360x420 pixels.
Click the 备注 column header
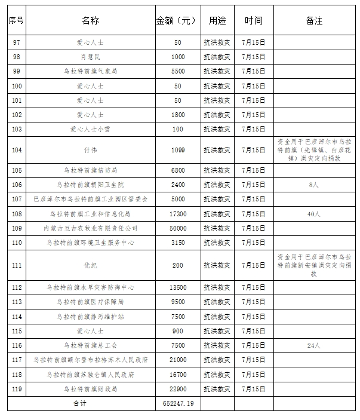coord(314,21)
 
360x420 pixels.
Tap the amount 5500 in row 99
coord(177,71)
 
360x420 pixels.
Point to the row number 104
coord(17,151)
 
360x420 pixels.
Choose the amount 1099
coord(177,151)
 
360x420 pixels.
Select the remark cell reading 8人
coord(314,185)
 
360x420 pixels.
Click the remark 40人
coord(314,213)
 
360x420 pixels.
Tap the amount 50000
coord(177,228)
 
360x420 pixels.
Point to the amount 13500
coord(177,288)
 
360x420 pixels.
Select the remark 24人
coord(314,345)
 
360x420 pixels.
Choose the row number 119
coord(17,389)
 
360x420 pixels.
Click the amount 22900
coord(177,389)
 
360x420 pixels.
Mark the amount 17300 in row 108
coord(177,213)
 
